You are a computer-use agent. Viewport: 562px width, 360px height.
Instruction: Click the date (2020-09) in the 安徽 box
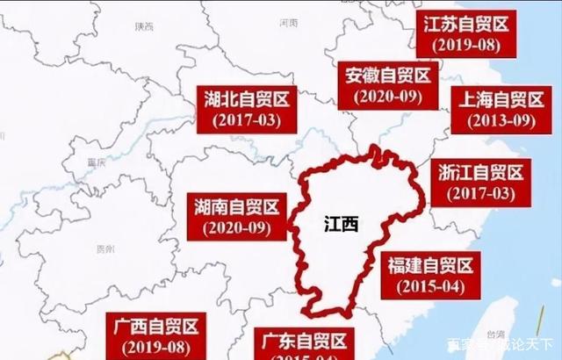(x=386, y=97)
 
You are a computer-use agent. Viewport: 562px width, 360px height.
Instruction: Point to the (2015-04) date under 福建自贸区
(x=429, y=285)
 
